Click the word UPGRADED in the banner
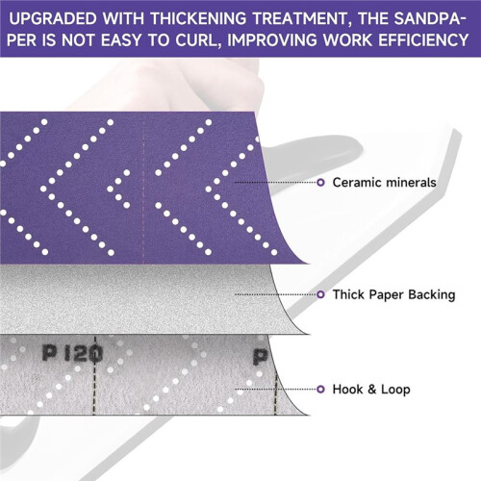[53, 18]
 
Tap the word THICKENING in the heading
[198, 18]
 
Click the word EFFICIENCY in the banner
[424, 40]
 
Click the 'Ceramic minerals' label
[384, 183]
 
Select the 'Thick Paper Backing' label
[393, 294]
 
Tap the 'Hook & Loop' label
[371, 390]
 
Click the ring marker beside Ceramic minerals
[320, 183]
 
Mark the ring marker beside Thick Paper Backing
[320, 294]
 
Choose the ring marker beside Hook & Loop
[320, 390]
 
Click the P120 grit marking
[72, 354]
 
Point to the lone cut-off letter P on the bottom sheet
[261, 356]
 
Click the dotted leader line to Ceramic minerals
[275, 183]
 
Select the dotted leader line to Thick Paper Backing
[275, 294]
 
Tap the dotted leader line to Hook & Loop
[275, 390]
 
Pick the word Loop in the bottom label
[395, 390]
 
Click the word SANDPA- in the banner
[430, 18]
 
